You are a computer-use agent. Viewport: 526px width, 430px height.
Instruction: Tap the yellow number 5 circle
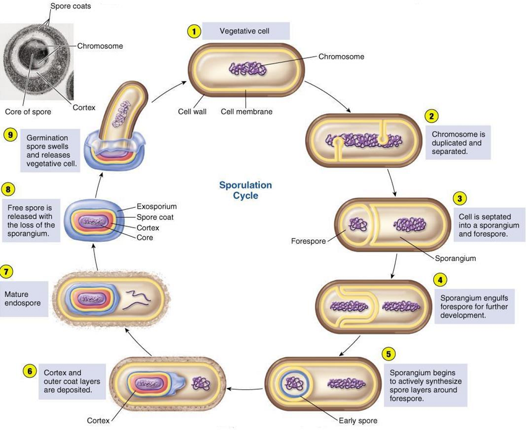pyautogui.click(x=388, y=354)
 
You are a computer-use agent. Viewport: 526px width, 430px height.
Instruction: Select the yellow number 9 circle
pyautogui.click(x=10, y=134)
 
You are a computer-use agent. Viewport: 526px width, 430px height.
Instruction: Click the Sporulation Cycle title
pyautogui.click(x=245, y=190)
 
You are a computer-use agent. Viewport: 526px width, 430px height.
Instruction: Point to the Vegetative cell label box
pyautogui.click(x=246, y=31)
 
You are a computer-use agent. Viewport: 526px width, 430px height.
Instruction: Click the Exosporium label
pyautogui.click(x=156, y=206)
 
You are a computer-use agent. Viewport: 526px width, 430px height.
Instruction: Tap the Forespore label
pyautogui.click(x=308, y=241)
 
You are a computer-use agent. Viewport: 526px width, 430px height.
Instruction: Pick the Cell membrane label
pyautogui.click(x=246, y=112)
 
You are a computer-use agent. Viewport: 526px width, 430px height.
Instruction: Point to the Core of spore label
pyautogui.click(x=28, y=112)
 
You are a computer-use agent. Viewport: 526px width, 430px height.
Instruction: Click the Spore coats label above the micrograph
pyautogui.click(x=70, y=6)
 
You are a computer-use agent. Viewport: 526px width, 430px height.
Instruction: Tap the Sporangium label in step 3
pyautogui.click(x=455, y=258)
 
